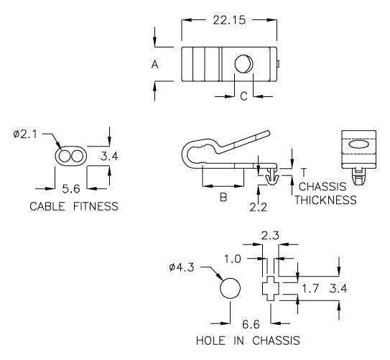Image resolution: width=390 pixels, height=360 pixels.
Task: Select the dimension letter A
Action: click(154, 64)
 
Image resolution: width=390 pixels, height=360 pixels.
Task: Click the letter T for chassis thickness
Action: click(304, 172)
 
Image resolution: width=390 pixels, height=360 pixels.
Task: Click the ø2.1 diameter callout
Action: click(27, 134)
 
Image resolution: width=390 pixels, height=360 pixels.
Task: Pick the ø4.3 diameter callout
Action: click(183, 268)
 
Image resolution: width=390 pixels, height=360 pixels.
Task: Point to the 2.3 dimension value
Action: click(271, 235)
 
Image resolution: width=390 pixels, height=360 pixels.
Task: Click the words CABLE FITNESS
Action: click(73, 207)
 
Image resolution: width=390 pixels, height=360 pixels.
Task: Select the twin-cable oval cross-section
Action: click(69, 157)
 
